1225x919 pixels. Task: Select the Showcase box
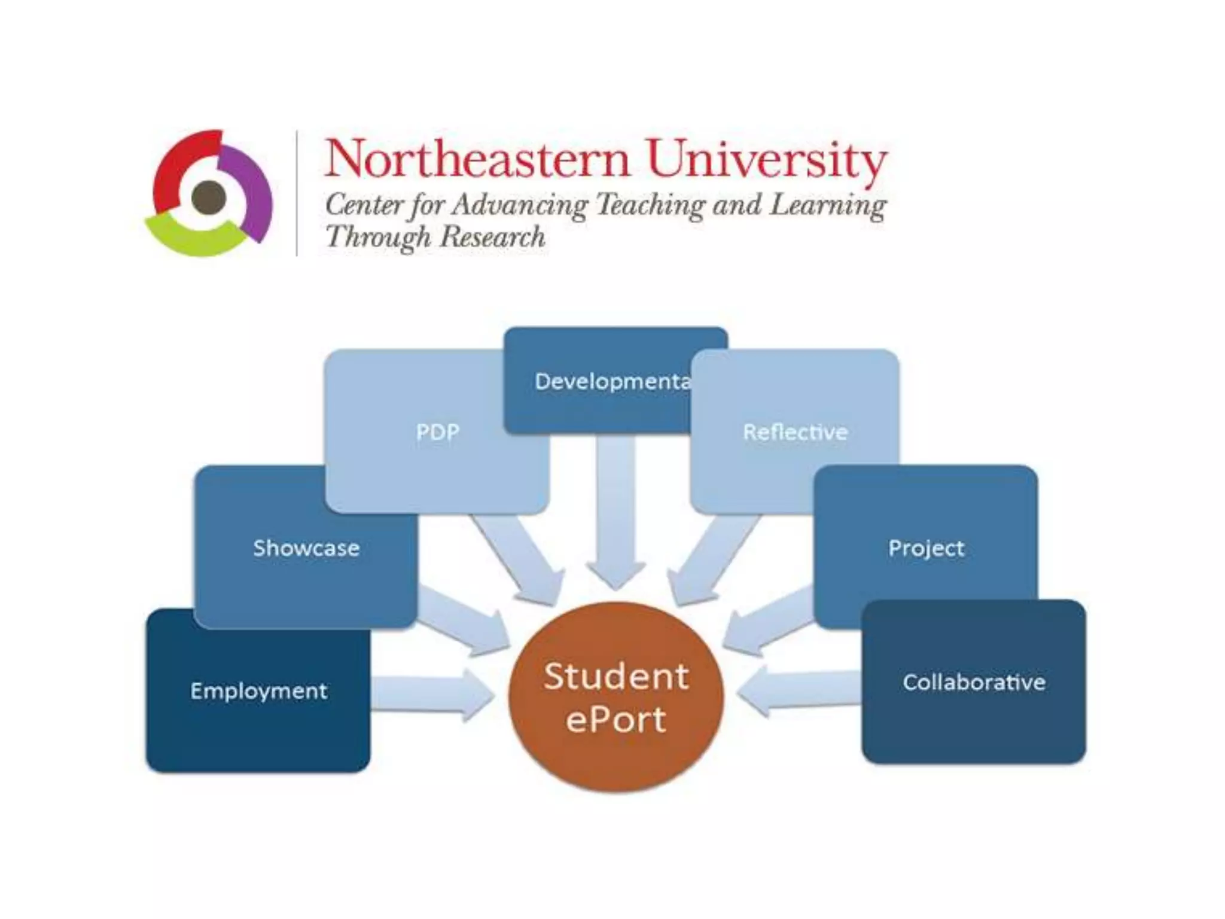tap(306, 548)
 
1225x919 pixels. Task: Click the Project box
tap(925, 548)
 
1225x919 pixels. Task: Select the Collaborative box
tap(973, 682)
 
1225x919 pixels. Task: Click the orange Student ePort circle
tap(616, 697)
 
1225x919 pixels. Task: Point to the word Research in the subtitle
tap(493, 236)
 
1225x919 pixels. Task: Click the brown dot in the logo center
tap(208, 197)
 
